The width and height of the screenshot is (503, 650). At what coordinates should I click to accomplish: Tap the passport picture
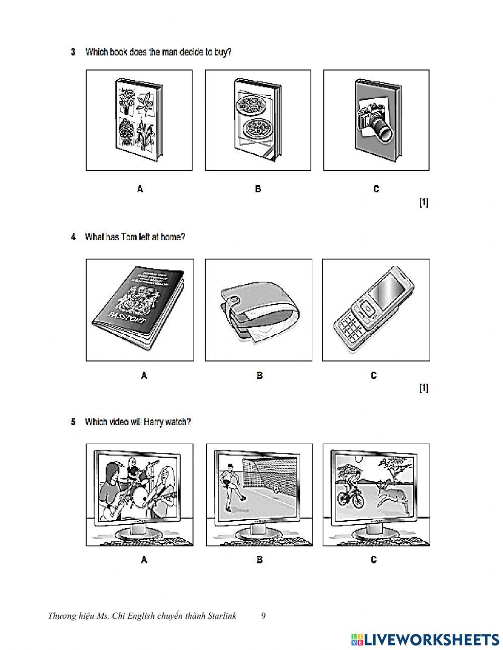139,309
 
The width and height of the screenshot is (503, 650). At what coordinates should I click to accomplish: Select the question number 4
73,237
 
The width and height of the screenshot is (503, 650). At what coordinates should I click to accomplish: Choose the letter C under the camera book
376,189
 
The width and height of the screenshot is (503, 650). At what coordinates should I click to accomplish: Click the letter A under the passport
144,376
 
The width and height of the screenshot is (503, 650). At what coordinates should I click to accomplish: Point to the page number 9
264,616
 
